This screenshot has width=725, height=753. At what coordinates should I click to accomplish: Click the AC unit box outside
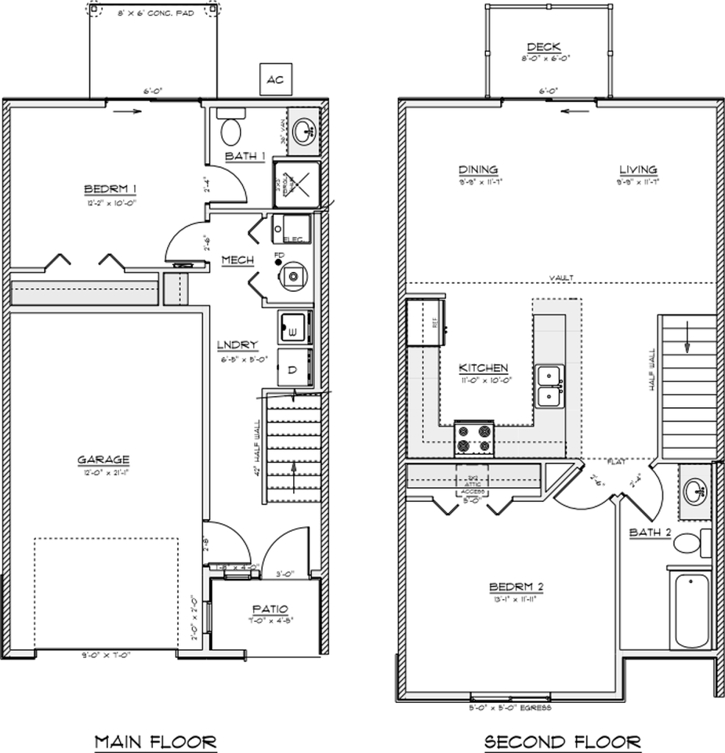click(274, 79)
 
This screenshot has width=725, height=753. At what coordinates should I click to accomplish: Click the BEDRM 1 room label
click(111, 188)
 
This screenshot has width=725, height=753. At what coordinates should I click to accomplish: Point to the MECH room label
click(236, 260)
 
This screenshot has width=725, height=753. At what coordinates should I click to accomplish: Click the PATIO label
click(270, 609)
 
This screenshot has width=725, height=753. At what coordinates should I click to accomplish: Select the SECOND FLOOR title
click(562, 740)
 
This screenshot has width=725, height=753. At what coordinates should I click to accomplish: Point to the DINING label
click(478, 169)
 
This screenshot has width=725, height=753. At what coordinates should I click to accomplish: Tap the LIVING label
click(637, 169)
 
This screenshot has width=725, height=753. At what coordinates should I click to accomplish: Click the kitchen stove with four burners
click(474, 438)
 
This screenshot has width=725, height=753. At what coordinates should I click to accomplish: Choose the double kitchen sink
click(549, 386)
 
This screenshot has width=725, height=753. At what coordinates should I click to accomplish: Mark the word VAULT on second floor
click(561, 278)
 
